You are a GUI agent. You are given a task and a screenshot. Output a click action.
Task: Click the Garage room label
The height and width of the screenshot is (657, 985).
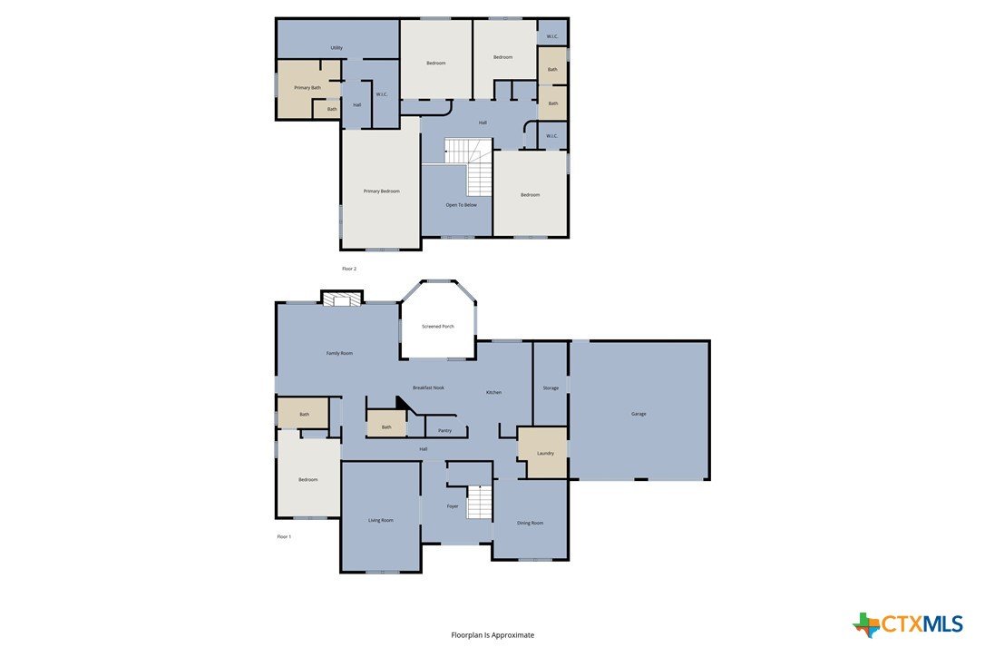[639, 414]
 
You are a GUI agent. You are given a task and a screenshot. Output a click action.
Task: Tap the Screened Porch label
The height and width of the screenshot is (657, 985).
[438, 327]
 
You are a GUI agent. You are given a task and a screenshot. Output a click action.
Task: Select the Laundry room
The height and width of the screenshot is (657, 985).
[542, 453]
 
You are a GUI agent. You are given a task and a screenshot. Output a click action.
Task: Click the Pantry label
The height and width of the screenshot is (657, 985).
[444, 431]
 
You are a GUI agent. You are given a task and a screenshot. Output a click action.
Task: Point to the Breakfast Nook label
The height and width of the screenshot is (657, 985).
[428, 387]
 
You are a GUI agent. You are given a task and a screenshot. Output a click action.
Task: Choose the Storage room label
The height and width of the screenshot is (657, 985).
[551, 387]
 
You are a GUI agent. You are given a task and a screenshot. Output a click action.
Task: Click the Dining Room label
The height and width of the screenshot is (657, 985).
[531, 523]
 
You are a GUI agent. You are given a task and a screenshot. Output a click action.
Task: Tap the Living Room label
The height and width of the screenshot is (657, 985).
[381, 521]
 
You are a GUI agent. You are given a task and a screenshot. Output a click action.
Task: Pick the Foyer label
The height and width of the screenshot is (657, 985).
[453, 506]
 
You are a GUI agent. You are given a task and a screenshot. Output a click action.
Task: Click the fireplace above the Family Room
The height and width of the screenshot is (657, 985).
[342, 298]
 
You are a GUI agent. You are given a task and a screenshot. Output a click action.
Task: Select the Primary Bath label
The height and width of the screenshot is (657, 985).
[307, 88]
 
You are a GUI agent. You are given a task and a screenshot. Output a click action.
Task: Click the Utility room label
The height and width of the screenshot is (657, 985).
[336, 48]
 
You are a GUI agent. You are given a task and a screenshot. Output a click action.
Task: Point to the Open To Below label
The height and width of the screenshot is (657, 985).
[461, 205]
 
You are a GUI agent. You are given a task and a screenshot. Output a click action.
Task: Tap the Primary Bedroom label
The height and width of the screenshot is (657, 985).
[381, 191]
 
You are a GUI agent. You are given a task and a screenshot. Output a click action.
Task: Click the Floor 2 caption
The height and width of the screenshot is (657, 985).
[348, 269]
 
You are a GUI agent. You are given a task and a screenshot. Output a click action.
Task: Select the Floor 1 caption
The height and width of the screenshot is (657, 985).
[284, 537]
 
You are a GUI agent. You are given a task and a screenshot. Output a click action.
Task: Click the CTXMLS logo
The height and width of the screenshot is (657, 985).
[908, 624]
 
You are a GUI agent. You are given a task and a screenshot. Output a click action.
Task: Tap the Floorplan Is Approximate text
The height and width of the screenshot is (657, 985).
[492, 635]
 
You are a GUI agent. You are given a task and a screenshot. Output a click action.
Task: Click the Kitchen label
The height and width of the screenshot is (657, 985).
[493, 392]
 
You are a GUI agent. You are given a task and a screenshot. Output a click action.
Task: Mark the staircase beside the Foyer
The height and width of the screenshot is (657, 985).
[479, 503]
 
